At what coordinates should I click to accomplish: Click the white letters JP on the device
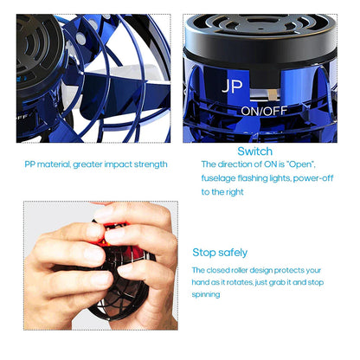pyautogui.click(x=232, y=87)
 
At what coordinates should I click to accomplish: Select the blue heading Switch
pyautogui.click(x=254, y=151)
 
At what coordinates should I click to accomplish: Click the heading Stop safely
pyautogui.click(x=220, y=253)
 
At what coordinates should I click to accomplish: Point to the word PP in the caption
pyautogui.click(x=30, y=164)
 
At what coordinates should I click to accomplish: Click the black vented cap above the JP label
pyautogui.click(x=260, y=39)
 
